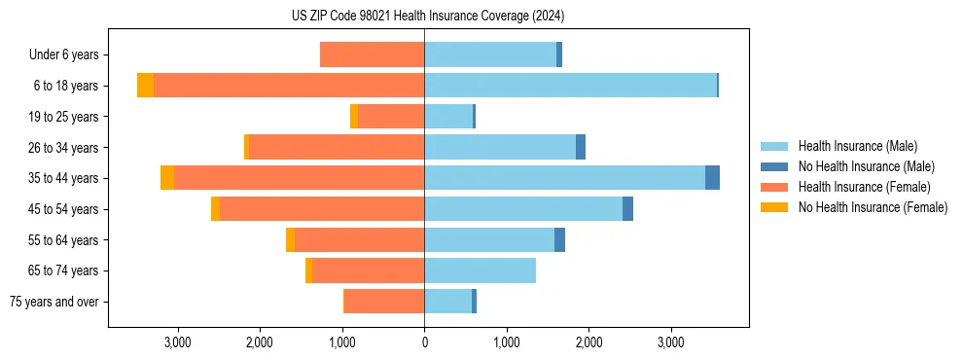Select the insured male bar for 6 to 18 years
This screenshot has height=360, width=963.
(570, 86)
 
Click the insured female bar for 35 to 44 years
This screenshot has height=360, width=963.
(299, 178)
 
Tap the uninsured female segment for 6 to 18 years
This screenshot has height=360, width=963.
(145, 86)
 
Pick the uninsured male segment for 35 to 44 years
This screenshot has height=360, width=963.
(712, 178)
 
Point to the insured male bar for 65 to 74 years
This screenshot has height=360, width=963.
(480, 270)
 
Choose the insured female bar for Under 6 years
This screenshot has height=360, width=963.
(372, 55)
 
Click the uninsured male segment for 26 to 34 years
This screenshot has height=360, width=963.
(581, 147)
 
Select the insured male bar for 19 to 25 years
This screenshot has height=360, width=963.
(448, 117)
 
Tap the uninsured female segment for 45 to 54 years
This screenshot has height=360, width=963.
(215, 209)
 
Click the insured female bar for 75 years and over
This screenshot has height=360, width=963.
(384, 302)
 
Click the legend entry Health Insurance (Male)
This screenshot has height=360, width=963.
(857, 146)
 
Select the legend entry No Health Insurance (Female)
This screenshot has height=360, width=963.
(873, 207)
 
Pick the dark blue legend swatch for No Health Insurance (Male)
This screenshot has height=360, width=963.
(775, 166)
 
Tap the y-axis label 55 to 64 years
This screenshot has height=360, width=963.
(63, 240)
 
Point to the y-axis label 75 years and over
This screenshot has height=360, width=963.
(54, 302)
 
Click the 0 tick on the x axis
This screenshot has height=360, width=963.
(424, 342)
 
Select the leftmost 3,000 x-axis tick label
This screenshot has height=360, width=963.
(177, 342)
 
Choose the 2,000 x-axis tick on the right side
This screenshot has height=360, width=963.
(588, 342)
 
